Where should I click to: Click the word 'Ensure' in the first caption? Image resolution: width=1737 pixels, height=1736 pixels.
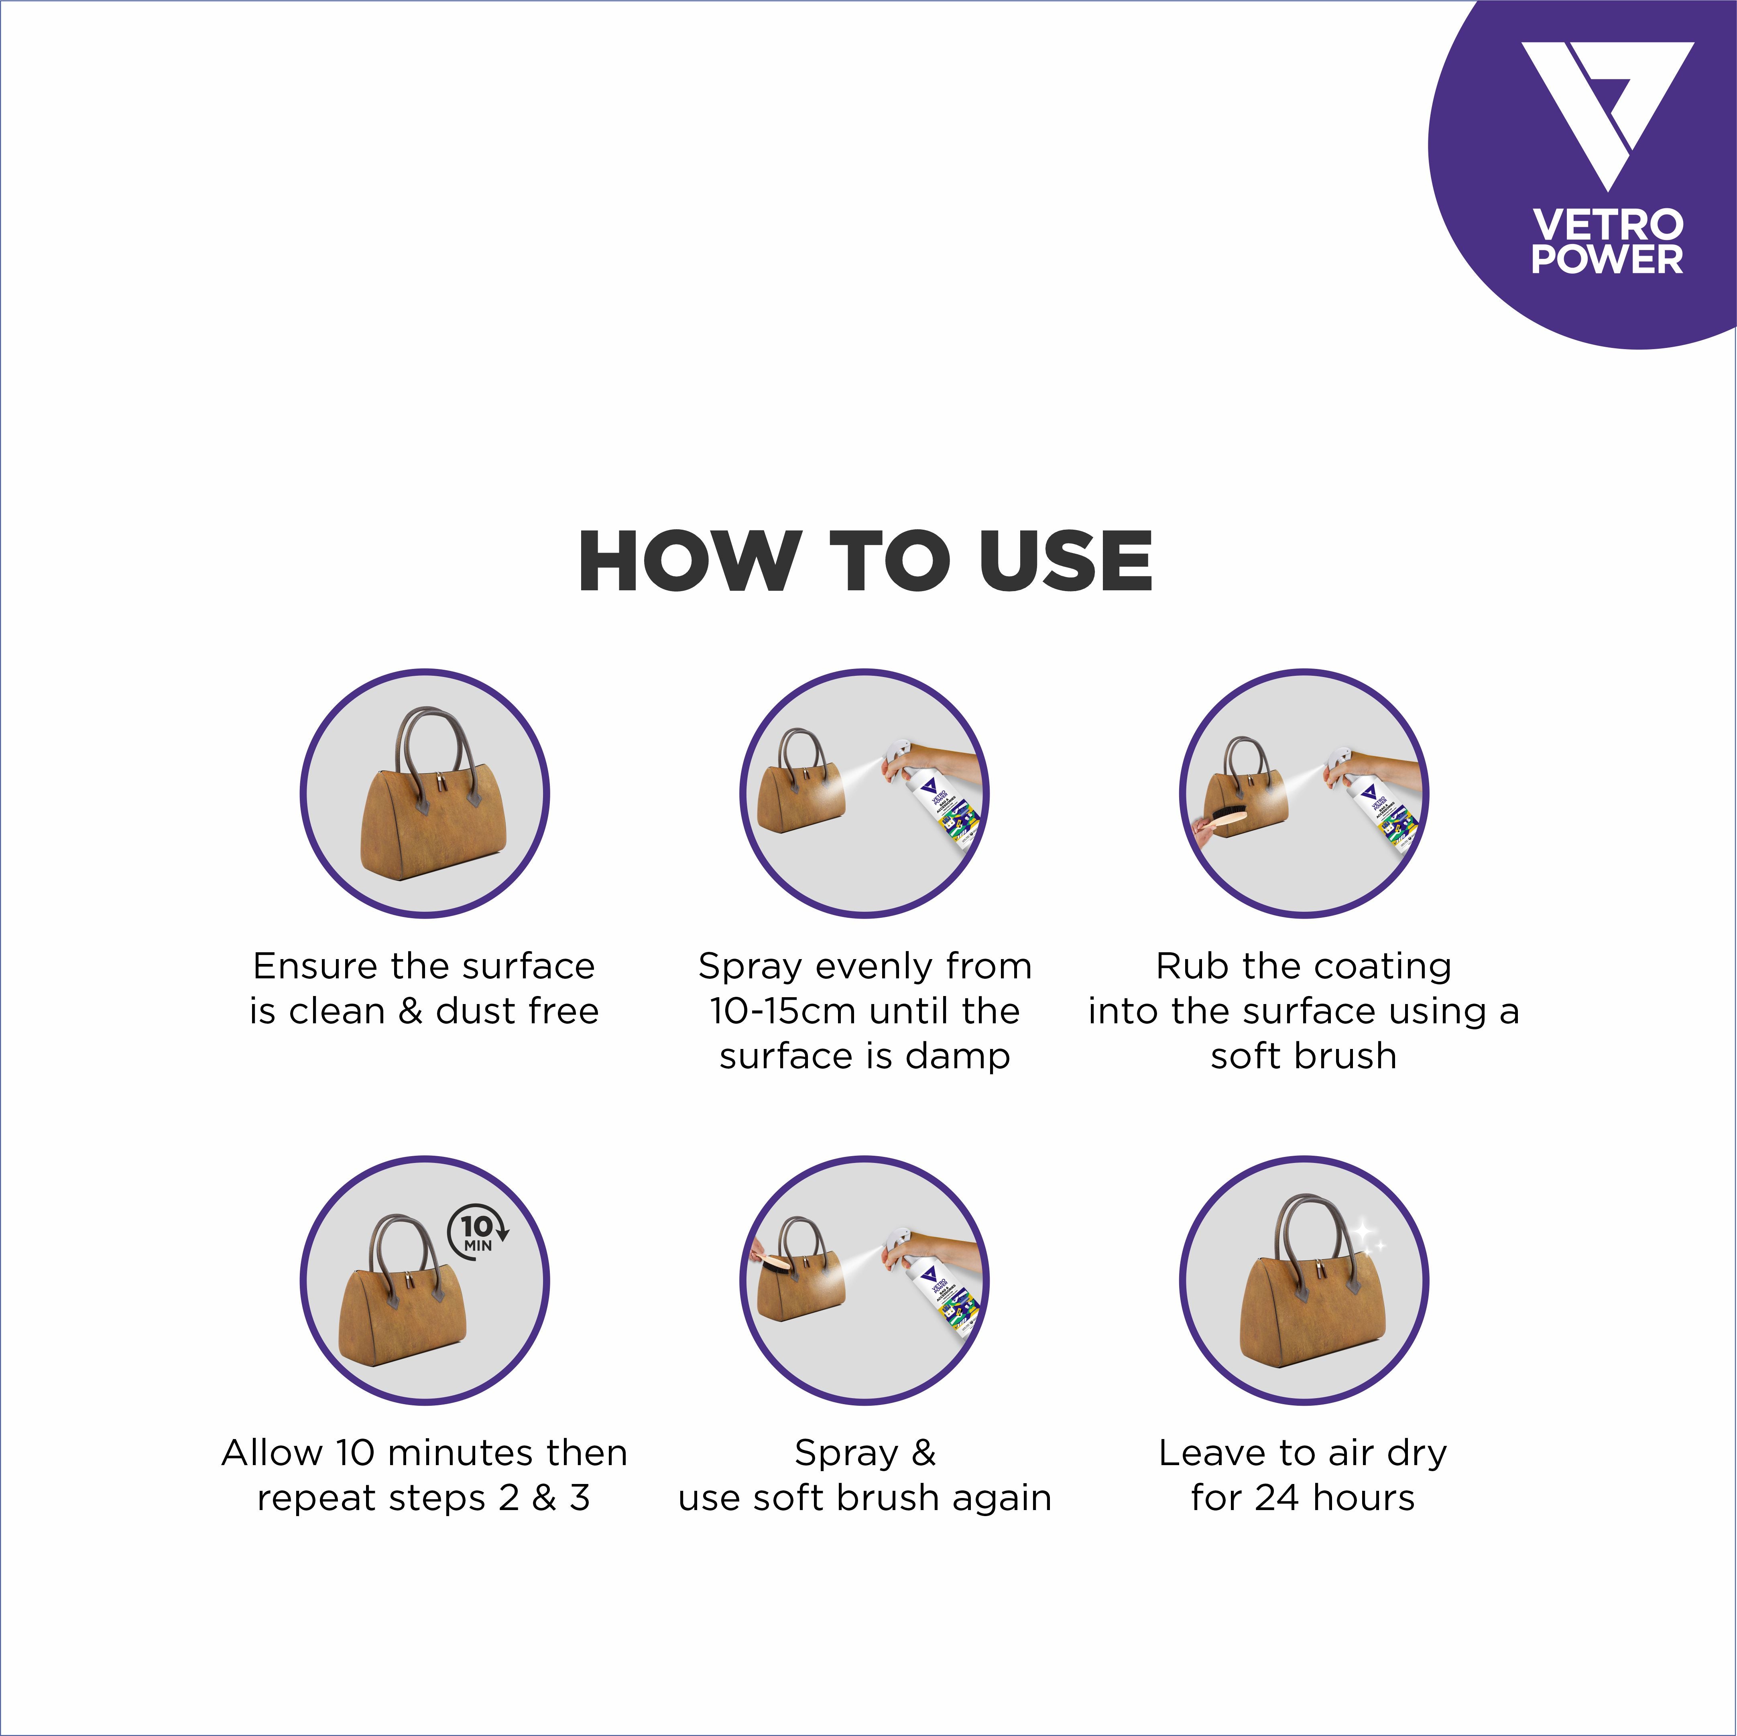coord(314,966)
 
